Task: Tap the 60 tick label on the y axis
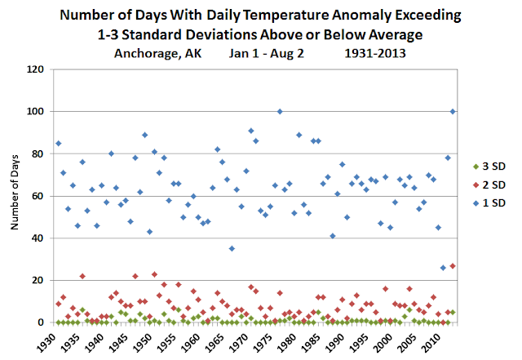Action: point(37,196)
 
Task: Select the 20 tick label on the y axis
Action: point(37,280)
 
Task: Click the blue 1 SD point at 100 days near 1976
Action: point(280,111)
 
